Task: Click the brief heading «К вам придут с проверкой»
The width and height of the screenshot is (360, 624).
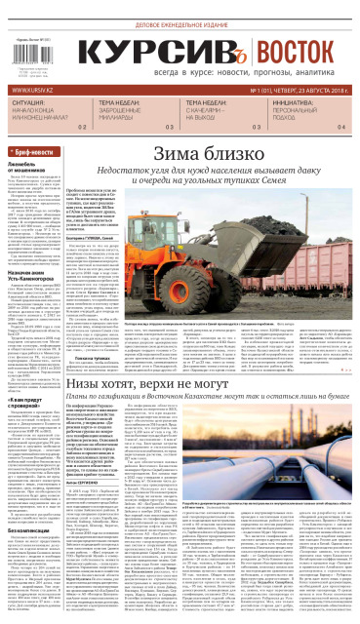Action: pyautogui.click(x=32, y=349)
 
